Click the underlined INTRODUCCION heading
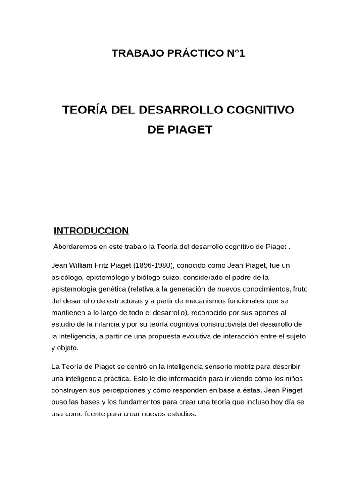click(x=91, y=231)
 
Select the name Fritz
click(x=107, y=265)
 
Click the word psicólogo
click(x=67, y=277)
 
